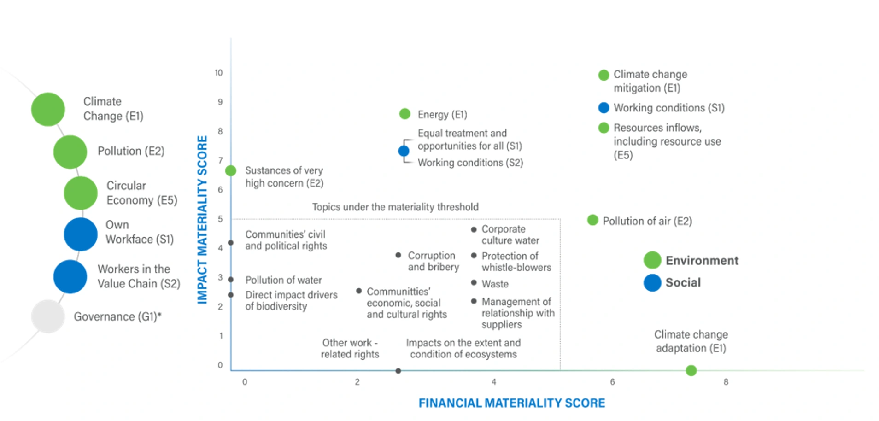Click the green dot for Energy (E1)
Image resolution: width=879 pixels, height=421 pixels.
pyautogui.click(x=404, y=114)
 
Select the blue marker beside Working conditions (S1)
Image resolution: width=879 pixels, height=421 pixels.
pyautogui.click(x=604, y=108)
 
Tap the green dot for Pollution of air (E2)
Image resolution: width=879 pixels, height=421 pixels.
pyautogui.click(x=592, y=220)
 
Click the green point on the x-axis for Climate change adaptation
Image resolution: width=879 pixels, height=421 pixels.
pyautogui.click(x=691, y=370)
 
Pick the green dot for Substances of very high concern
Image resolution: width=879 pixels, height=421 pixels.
pyautogui.click(x=231, y=171)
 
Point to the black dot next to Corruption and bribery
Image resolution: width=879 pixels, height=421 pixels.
pyautogui.click(x=398, y=255)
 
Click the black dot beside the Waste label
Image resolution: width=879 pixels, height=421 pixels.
pyautogui.click(x=474, y=282)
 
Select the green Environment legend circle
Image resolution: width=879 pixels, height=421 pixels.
pyautogui.click(x=652, y=260)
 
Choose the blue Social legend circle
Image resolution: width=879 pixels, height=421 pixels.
pyautogui.click(x=652, y=282)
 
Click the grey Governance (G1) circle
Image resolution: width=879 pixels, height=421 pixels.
pyautogui.click(x=48, y=316)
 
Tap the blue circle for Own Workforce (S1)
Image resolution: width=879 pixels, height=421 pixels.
pyautogui.click(x=81, y=234)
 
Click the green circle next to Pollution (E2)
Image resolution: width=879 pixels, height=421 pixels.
pyautogui.click(x=70, y=152)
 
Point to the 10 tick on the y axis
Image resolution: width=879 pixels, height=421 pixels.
pyautogui.click(x=218, y=73)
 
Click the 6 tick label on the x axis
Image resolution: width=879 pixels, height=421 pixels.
pyautogui.click(x=612, y=382)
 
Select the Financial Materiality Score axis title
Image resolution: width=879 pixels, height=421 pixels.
pyautogui.click(x=511, y=403)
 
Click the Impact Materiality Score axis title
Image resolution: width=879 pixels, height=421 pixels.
pyautogui.click(x=202, y=220)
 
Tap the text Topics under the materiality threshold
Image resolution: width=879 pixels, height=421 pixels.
pyautogui.click(x=395, y=207)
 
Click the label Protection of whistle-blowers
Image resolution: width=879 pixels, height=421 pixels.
pyautogui.click(x=516, y=262)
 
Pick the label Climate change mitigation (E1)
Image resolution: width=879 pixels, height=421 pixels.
pyautogui.click(x=650, y=81)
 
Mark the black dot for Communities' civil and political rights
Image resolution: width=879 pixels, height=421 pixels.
pyautogui.click(x=231, y=243)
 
